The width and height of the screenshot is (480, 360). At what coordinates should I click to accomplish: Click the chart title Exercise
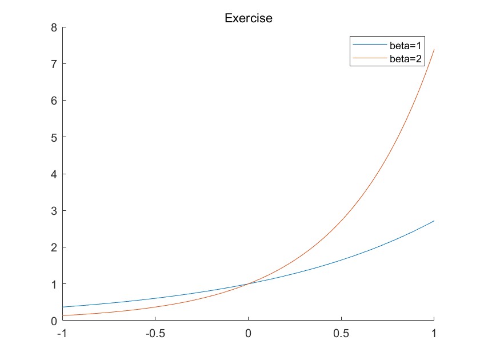(x=248, y=18)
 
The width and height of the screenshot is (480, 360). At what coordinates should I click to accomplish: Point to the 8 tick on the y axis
(x=54, y=27)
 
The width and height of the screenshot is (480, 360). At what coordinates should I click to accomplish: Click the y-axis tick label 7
(x=54, y=63)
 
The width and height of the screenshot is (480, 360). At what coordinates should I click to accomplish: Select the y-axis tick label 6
(x=54, y=101)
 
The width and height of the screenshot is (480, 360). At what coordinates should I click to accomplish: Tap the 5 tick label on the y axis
(x=54, y=137)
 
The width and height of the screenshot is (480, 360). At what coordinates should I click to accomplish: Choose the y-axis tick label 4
(x=54, y=174)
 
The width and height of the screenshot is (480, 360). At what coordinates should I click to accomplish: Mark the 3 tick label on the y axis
(x=54, y=210)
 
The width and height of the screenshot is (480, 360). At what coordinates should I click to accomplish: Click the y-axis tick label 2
(x=54, y=247)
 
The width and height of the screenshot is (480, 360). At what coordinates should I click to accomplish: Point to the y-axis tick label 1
(x=54, y=284)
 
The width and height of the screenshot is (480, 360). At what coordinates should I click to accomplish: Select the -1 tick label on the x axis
(x=61, y=333)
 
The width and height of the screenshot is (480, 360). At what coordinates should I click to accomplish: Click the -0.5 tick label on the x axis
(x=154, y=333)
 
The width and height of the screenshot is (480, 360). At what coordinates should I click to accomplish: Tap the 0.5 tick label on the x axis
(x=341, y=333)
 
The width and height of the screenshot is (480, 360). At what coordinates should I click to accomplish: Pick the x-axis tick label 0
(x=248, y=333)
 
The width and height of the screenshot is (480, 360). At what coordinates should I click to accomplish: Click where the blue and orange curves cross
(x=248, y=283)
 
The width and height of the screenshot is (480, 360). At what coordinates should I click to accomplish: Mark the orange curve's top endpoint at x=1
(x=434, y=49)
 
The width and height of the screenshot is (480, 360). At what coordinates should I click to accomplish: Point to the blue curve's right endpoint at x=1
(x=434, y=221)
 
